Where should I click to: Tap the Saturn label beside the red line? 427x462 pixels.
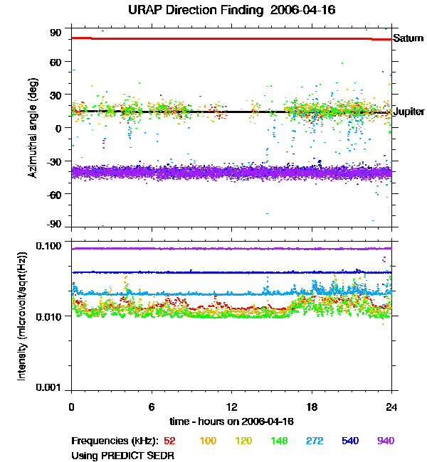coord(408,38)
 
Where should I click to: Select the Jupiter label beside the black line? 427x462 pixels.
coord(408,112)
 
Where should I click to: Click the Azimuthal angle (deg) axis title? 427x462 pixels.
coord(32,129)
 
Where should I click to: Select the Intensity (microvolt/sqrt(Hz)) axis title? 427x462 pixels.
coord(22,316)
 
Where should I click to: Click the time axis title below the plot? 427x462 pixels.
coord(232,421)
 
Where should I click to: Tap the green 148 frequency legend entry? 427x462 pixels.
coord(278,441)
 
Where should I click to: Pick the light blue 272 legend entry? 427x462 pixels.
coord(314,441)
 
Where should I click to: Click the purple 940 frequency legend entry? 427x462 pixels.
coord(385,441)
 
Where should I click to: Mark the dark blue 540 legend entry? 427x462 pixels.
coord(349,441)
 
